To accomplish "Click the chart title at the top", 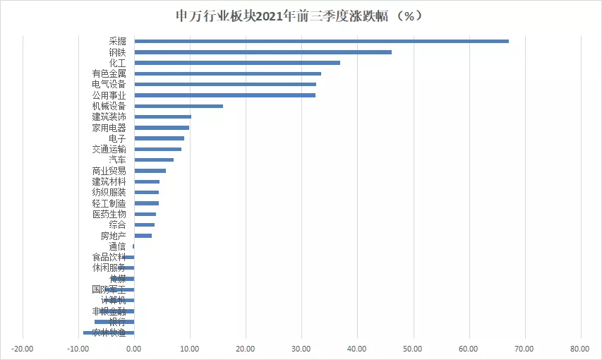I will [301, 16].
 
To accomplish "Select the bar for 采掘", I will [321, 41].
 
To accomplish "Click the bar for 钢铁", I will [263, 52].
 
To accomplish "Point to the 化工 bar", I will [237, 63].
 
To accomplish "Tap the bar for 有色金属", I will [227, 73].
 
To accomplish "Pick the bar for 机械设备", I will [179, 106].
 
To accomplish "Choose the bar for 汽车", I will [154, 160].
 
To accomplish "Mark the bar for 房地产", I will [143, 235].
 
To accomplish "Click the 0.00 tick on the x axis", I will [133, 349].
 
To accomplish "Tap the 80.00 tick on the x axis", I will [579, 349].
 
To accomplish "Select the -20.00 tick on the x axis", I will [23, 349].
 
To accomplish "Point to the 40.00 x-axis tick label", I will [356, 349].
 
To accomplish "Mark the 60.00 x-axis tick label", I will [468, 349].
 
